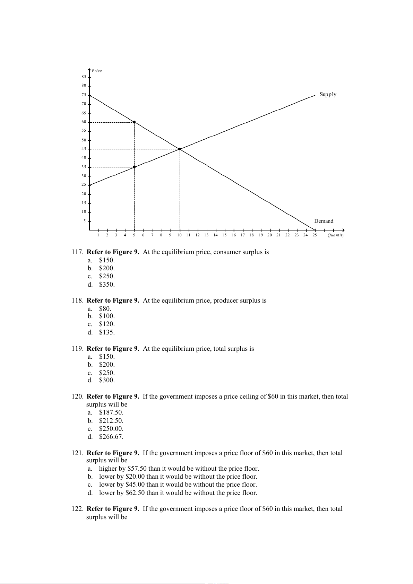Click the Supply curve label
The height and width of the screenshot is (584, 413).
[x=328, y=94]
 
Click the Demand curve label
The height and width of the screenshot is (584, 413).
[x=324, y=221]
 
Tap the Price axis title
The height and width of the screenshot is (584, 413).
[x=97, y=71]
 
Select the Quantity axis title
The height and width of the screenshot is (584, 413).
[x=336, y=235]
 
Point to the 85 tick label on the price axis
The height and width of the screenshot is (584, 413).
[x=84, y=77]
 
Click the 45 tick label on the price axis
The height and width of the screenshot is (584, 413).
[x=84, y=149]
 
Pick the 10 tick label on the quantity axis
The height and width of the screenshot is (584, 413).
[x=179, y=235]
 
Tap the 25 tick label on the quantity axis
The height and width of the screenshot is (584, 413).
[x=315, y=235]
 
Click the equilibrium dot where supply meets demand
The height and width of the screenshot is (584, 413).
[x=180, y=149]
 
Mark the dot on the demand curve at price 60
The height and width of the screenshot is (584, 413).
[x=134, y=122]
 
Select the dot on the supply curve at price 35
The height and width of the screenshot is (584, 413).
[x=134, y=167]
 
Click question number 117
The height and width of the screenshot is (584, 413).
[x=77, y=252]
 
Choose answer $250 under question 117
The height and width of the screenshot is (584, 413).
[x=106, y=276]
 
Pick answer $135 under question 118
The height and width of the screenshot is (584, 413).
[x=106, y=332]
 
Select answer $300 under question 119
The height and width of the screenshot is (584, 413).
[x=106, y=380]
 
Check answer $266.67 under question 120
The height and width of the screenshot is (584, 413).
[x=111, y=437]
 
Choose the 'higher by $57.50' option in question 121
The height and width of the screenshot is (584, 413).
[x=179, y=469]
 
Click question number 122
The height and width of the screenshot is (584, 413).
[x=77, y=509]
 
